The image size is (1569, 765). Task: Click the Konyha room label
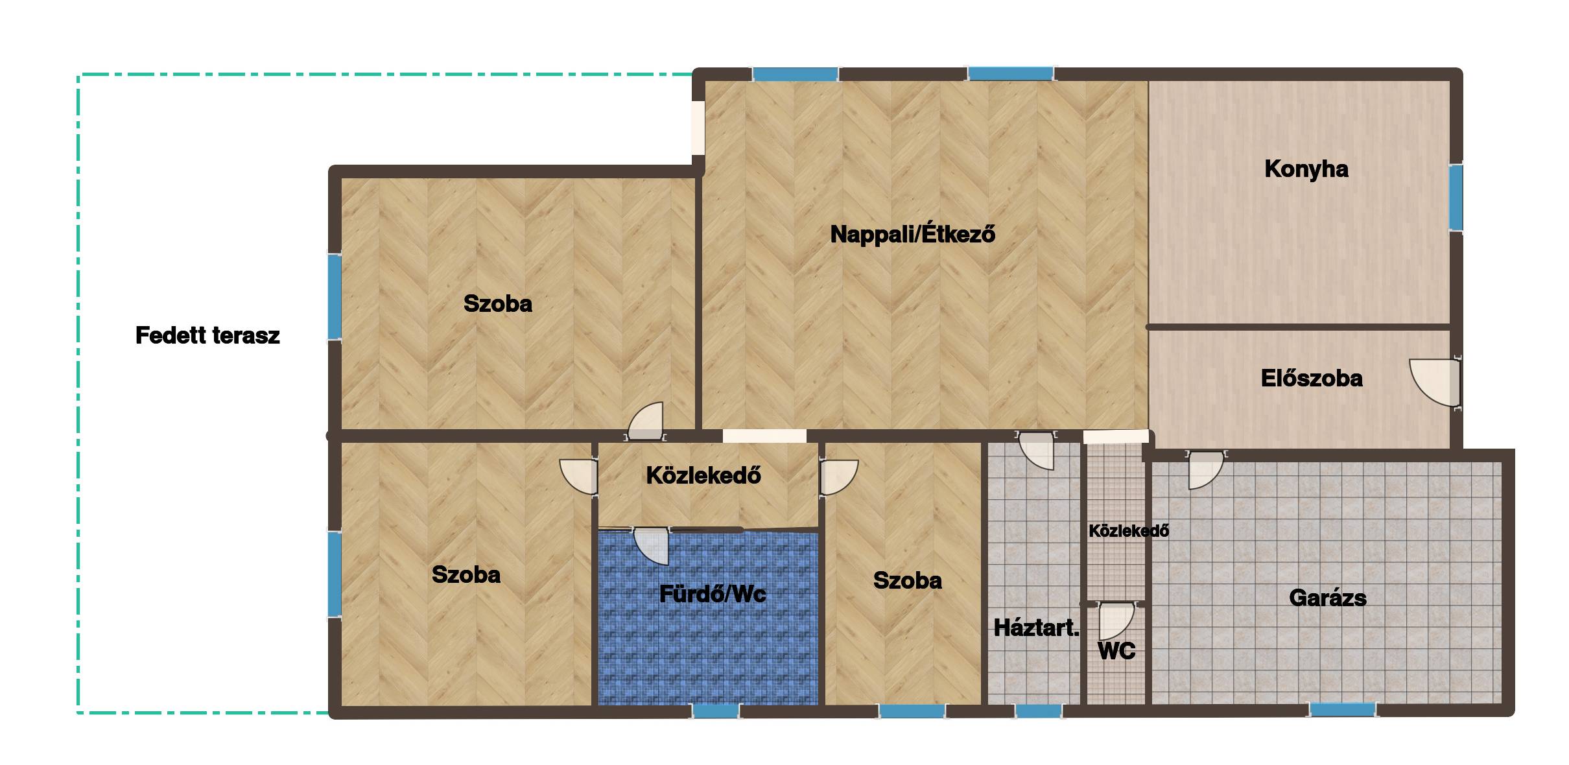pyautogui.click(x=1306, y=169)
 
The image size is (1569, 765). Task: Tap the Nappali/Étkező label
pyautogui.click(x=912, y=233)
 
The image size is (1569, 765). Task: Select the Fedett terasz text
pyautogui.click(x=207, y=335)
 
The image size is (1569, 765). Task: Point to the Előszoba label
pyautogui.click(x=1311, y=378)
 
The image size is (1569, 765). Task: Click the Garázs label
pyautogui.click(x=1327, y=597)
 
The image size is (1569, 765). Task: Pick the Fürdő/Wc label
pyautogui.click(x=713, y=593)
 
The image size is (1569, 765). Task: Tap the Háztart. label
pyautogui.click(x=1036, y=627)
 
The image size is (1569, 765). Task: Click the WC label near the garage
pyautogui.click(x=1116, y=650)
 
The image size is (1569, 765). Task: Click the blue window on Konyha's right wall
pyautogui.click(x=1456, y=197)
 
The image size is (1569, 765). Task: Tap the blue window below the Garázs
pyautogui.click(x=1343, y=709)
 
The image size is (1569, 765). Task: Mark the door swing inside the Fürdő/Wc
pyautogui.click(x=650, y=547)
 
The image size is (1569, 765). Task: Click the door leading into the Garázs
pyautogui.click(x=1206, y=469)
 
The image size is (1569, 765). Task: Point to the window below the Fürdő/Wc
pyautogui.click(x=716, y=711)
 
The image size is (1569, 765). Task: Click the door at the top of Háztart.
pyautogui.click(x=1037, y=450)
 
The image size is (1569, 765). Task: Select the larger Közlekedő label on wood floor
pyautogui.click(x=703, y=475)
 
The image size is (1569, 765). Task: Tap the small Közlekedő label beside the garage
pyautogui.click(x=1129, y=531)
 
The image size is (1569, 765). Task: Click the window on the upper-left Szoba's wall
pyautogui.click(x=335, y=296)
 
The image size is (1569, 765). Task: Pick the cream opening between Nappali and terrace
pyautogui.click(x=698, y=127)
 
